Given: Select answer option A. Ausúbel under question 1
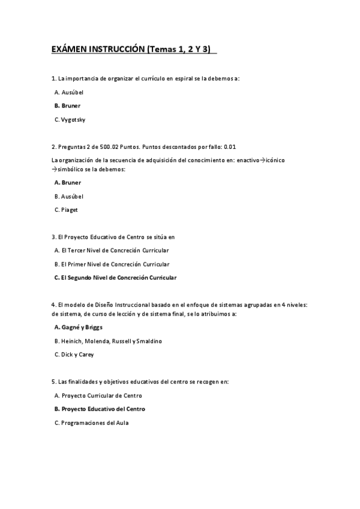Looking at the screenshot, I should [69, 92].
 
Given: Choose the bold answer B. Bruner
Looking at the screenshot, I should [67, 106].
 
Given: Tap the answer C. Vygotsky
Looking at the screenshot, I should [70, 119].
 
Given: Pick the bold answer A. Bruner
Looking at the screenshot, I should [67, 182].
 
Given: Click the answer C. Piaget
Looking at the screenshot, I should [66, 210].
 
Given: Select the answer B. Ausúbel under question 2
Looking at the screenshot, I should [69, 196].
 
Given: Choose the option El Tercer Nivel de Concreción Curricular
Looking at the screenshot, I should [111, 250].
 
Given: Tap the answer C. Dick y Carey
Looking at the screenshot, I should [74, 355].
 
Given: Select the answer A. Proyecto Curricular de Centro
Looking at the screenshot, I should [98, 396].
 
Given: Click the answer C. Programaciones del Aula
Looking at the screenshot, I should [91, 423].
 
